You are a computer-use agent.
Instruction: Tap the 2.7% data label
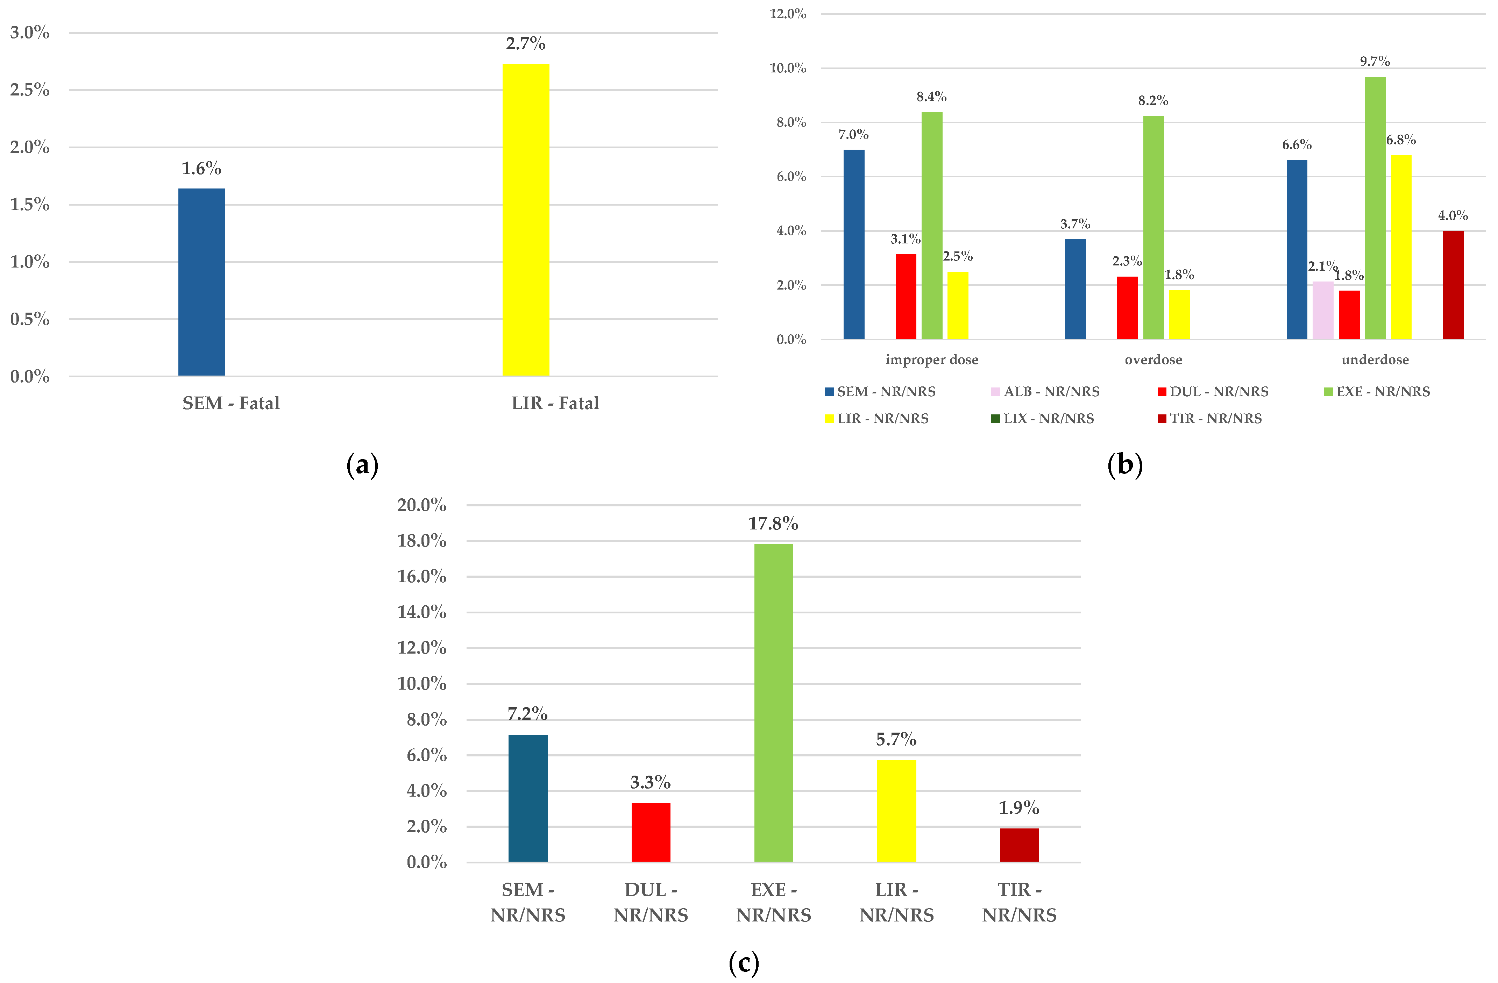pyautogui.click(x=526, y=43)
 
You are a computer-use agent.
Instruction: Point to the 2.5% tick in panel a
pyautogui.click(x=30, y=90)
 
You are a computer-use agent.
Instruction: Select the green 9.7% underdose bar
pyautogui.click(x=1375, y=208)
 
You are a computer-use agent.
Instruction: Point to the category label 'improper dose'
pyautogui.click(x=931, y=359)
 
